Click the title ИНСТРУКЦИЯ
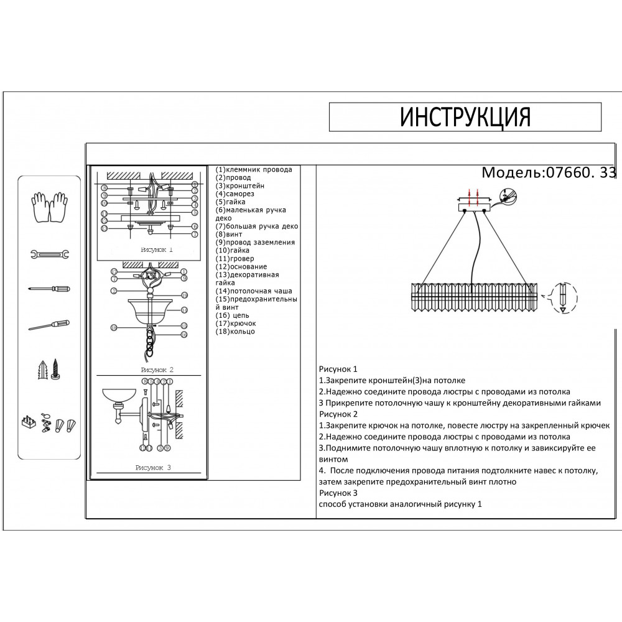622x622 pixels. [465, 116]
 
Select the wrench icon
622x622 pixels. [49, 254]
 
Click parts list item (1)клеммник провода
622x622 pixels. [254, 169]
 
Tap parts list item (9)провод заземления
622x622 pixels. [256, 243]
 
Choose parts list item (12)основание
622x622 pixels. [242, 266]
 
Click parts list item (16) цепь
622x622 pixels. [233, 315]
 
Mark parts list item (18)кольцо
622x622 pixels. [236, 332]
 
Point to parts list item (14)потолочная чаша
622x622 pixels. [254, 291]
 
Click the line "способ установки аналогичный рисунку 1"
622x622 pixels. [400, 504]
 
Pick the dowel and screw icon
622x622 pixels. [49, 369]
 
